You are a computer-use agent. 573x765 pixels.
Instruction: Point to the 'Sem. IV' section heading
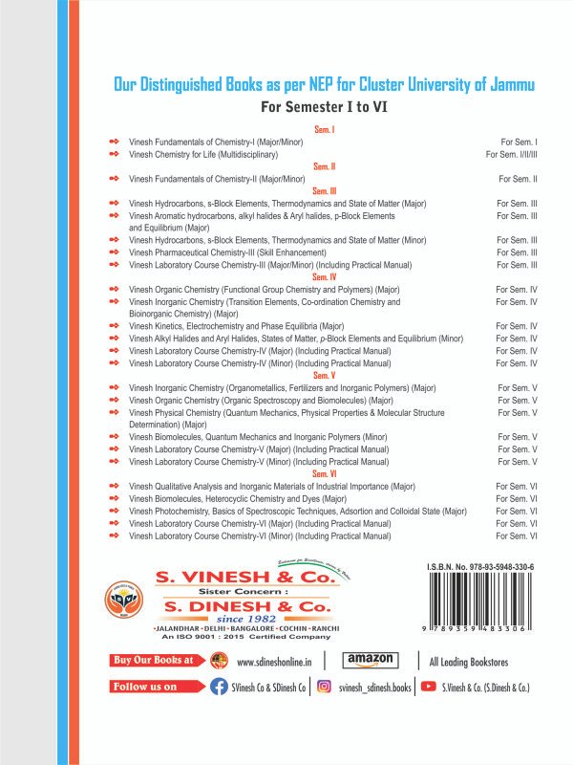click(x=325, y=277)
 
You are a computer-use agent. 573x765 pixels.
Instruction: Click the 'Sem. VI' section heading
click(x=325, y=473)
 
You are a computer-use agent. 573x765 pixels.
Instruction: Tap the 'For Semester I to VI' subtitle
click(x=324, y=107)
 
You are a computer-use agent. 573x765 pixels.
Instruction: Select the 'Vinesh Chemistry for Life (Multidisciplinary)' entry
click(x=203, y=154)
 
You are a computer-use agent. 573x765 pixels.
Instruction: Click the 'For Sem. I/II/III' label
click(x=512, y=154)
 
